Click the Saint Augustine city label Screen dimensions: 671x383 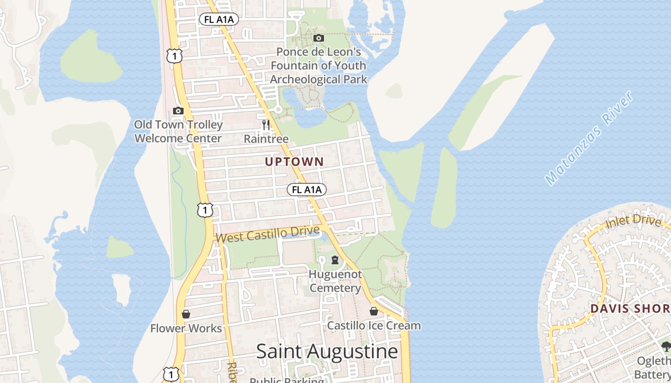(x=327, y=351)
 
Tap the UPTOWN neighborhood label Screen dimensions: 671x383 (x=294, y=162)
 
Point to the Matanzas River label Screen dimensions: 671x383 (x=589, y=138)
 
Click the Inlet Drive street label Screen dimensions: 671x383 (x=633, y=221)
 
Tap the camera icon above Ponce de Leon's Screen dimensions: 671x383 (x=318, y=38)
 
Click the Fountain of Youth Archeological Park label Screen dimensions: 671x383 (x=318, y=66)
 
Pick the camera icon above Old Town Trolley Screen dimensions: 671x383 (x=178, y=111)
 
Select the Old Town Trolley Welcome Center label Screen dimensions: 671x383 (x=178, y=132)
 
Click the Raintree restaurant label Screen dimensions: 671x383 (x=266, y=139)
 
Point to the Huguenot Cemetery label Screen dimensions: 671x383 (x=335, y=281)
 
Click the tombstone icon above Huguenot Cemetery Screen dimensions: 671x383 (x=335, y=260)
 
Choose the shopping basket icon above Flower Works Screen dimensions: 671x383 (x=186, y=314)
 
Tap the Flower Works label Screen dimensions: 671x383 (x=186, y=328)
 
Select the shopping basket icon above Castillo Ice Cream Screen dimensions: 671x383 (x=374, y=312)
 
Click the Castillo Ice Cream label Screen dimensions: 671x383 (x=374, y=326)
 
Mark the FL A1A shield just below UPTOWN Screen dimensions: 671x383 (x=307, y=190)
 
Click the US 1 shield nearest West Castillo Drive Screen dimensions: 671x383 (x=205, y=210)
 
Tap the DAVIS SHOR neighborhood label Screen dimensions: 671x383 (x=630, y=308)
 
